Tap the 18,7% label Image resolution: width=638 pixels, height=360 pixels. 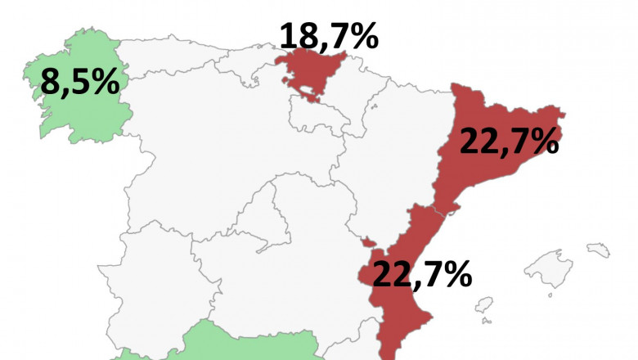[329, 35]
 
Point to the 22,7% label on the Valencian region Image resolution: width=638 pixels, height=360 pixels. [421, 274]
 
